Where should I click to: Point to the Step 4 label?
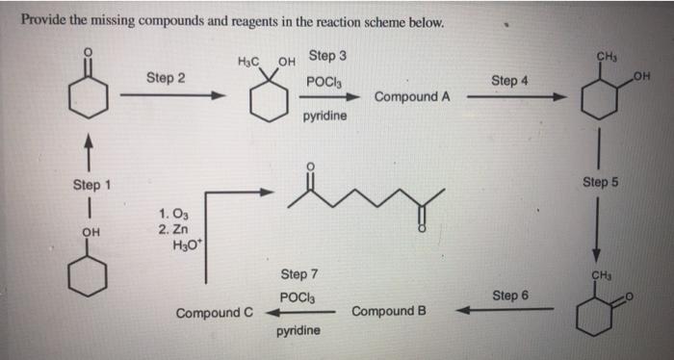509,81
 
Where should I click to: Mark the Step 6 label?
509,295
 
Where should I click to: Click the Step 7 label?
298,275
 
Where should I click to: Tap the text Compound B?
389,312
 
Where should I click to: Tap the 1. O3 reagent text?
174,213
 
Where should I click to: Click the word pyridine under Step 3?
325,116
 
